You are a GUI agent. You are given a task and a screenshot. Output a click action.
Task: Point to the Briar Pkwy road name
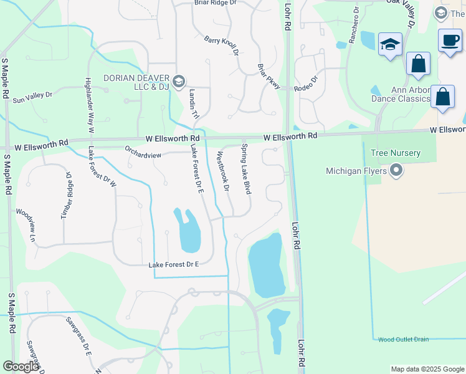[x=269, y=77]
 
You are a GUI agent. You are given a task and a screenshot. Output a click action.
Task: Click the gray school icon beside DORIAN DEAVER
[x=179, y=80]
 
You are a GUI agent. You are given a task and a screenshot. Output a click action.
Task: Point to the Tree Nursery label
[x=395, y=153]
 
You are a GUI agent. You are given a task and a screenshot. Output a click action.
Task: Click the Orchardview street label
[x=144, y=151]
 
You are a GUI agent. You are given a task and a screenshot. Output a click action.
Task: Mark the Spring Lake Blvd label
[x=245, y=169]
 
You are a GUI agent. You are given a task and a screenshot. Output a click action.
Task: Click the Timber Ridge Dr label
[x=66, y=194]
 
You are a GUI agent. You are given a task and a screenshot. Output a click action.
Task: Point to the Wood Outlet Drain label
[x=403, y=339]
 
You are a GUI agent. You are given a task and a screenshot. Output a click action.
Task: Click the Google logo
[x=21, y=367]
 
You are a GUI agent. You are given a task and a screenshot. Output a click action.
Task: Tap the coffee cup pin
[x=450, y=41]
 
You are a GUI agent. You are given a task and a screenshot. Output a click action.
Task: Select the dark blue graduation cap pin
[x=390, y=44]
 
